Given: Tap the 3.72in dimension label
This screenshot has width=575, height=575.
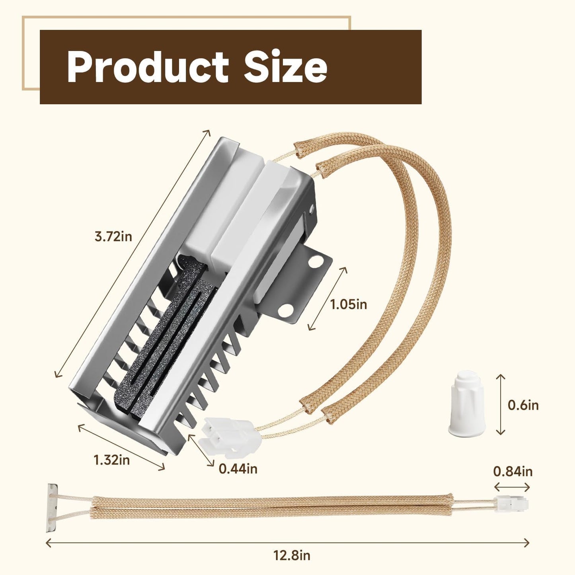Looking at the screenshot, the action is pyautogui.click(x=113, y=237).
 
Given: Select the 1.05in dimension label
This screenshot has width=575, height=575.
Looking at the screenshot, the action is pyautogui.click(x=348, y=304).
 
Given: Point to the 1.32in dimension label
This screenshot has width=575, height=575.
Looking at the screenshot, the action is pyautogui.click(x=112, y=460).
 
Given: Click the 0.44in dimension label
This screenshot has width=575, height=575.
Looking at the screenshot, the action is pyautogui.click(x=238, y=468).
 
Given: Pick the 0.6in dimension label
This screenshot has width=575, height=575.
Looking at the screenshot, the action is pyautogui.click(x=523, y=405).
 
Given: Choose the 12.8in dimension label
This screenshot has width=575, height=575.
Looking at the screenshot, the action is pyautogui.click(x=292, y=556).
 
